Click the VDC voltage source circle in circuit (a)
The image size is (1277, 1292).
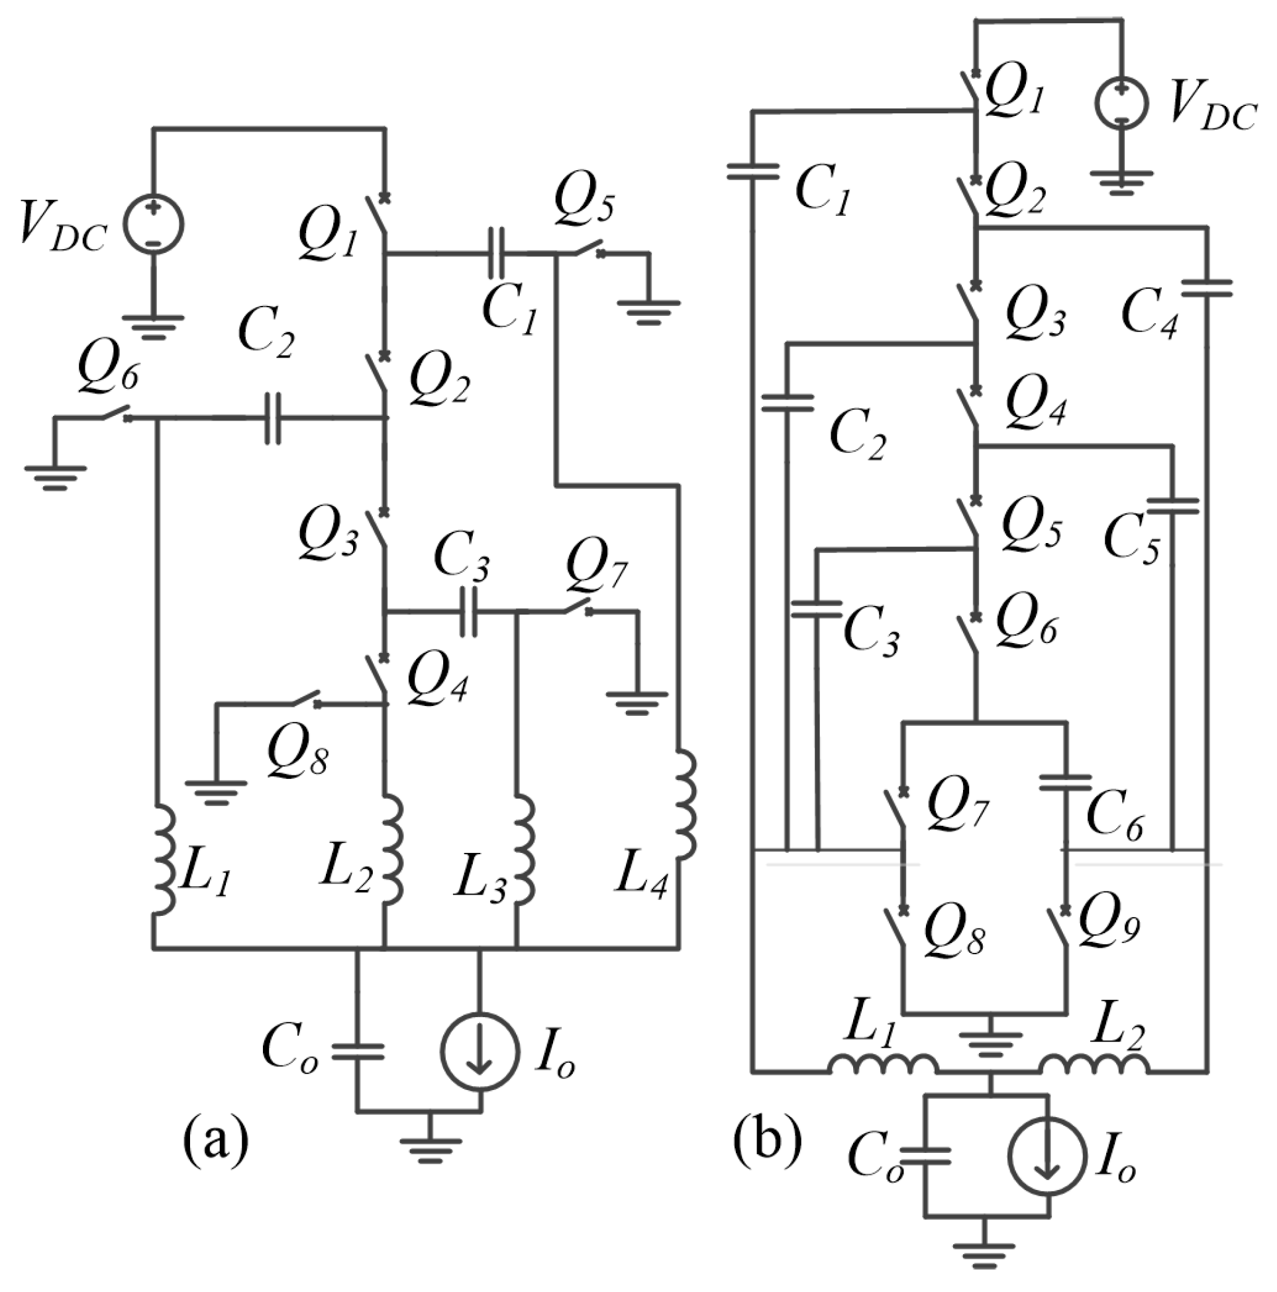coord(153,224)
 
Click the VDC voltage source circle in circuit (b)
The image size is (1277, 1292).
coord(1121,104)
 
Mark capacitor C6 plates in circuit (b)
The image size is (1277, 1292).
coord(1065,783)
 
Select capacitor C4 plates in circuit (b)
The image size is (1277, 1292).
coord(1206,288)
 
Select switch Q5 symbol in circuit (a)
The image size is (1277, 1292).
coord(584,249)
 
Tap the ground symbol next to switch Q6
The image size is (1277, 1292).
coord(55,473)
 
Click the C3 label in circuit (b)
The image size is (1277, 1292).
coord(871,631)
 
